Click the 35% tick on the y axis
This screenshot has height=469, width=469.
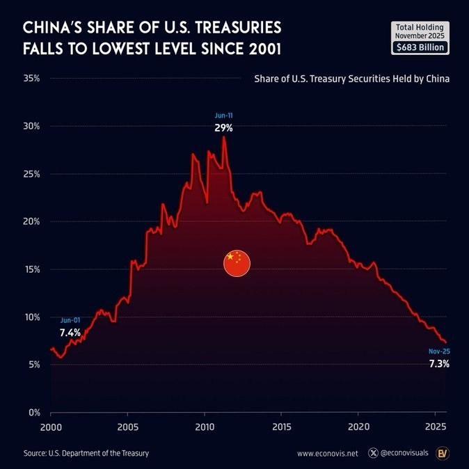point(31,79)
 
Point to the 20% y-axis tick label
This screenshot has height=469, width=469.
point(31,222)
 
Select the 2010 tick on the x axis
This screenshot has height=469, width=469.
point(204,427)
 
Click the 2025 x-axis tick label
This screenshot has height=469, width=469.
point(435,427)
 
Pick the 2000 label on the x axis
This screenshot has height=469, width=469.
point(51,427)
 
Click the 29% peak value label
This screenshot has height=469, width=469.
point(223,129)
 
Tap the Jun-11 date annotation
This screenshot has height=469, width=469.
point(223,115)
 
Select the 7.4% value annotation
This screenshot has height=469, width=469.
point(70,333)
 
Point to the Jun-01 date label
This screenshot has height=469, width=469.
point(70,320)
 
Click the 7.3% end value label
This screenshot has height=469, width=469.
point(439,364)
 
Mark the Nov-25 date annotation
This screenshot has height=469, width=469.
point(439,351)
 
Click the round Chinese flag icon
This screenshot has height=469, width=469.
point(237,262)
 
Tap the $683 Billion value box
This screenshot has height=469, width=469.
point(420,47)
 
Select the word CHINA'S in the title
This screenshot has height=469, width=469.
point(53,28)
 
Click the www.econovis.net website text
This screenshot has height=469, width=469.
point(327,454)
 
